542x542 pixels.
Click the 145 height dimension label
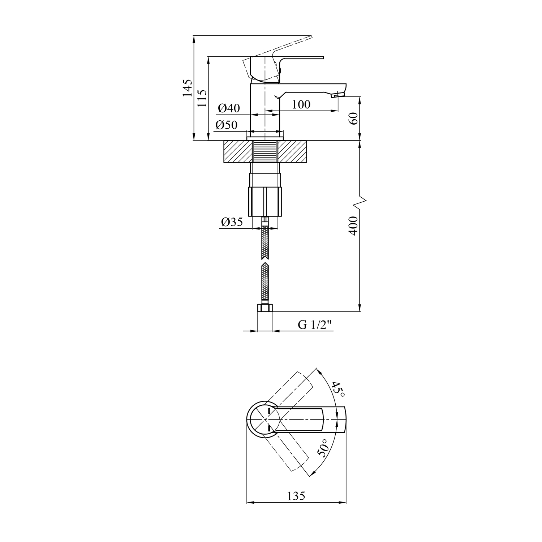(187, 88)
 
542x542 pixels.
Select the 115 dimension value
(202, 98)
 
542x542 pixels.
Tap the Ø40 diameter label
(229, 108)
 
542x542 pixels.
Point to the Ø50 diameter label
(227, 125)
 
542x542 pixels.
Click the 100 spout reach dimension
(301, 104)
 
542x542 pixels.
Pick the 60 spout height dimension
(354, 119)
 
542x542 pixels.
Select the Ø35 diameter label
(232, 222)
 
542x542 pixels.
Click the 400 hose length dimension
(354, 226)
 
